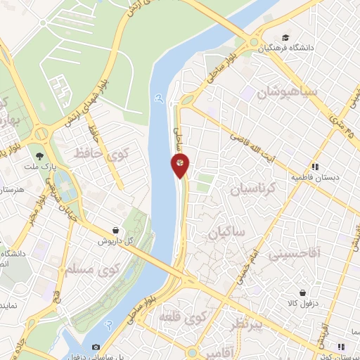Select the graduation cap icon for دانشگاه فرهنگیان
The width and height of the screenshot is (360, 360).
[285, 37]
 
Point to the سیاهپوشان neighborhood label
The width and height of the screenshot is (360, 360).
[288, 92]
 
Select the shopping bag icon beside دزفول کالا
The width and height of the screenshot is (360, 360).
[302, 292]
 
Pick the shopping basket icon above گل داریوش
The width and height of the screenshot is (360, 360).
[115, 230]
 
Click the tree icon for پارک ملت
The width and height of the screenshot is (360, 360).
[40, 155]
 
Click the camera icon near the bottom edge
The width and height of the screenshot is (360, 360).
[96, 347]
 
